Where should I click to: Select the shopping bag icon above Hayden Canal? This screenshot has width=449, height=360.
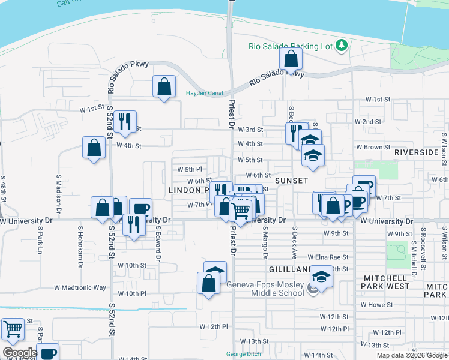pos(164,87)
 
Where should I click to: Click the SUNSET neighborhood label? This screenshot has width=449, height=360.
pos(291,180)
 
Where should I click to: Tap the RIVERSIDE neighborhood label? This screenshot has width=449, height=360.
pos(417,153)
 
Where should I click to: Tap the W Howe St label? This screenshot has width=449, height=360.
pos(376,305)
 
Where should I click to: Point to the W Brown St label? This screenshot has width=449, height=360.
pos(373,147)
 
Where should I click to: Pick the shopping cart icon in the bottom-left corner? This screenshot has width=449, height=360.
pos(13,329)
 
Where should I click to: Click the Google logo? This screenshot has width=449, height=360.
pos(20,353)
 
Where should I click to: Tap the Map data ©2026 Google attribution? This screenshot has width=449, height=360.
pos(411,355)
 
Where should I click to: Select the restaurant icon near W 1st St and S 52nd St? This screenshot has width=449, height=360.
pos(125,122)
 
